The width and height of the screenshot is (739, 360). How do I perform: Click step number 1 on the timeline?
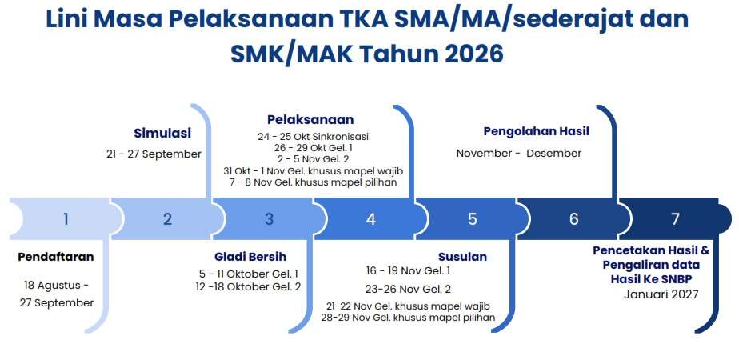coord(66,219)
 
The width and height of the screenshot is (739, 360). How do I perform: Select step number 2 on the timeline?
coord(167,219)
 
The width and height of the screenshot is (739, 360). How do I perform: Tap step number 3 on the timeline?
coord(269,219)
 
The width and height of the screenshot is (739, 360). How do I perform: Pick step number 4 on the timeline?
coord(371,219)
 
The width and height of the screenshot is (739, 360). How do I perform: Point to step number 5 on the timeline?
coord(473,219)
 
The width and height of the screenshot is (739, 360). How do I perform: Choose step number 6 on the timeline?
coord(574,219)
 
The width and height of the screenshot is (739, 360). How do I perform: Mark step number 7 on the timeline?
coord(676,219)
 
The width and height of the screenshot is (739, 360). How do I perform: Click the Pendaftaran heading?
coord(56,257)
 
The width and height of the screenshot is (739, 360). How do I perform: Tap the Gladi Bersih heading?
coord(250,257)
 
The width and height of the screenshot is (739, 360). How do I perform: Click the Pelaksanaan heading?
coord(310,119)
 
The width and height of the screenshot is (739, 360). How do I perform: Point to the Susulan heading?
coord(462,257)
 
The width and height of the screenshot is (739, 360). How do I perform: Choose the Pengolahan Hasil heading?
coord(537,131)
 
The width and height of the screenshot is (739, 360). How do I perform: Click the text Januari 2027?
coord(661,294)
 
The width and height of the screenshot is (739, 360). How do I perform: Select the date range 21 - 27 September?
coord(154,154)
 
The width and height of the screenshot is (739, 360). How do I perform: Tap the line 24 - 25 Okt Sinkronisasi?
coord(313,137)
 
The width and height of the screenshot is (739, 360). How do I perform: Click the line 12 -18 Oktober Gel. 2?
coord(249,286)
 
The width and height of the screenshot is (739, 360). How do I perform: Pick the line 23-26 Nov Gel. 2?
coord(408,288)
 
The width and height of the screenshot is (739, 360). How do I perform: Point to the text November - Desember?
coord(519,153)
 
